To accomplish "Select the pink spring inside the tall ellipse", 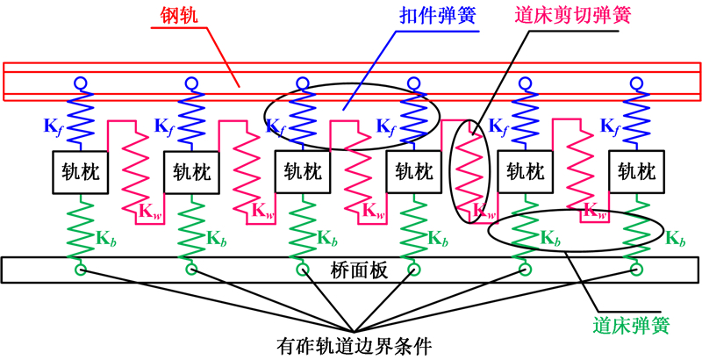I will [x=470, y=171].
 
